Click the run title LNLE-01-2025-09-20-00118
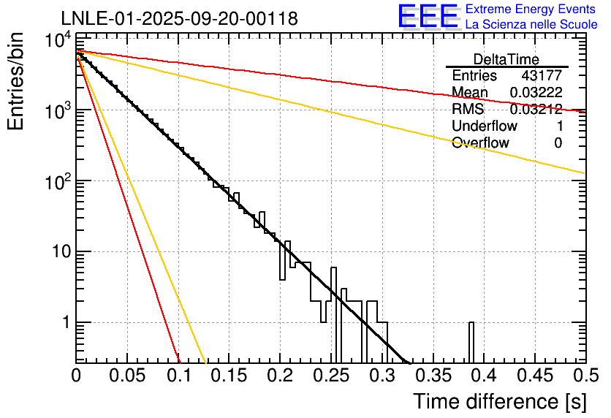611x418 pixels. click(x=179, y=18)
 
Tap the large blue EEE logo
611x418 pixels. click(x=427, y=16)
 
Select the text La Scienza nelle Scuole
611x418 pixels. click(x=531, y=25)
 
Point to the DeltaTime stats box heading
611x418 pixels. click(x=506, y=59)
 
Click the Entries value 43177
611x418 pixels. click(x=542, y=76)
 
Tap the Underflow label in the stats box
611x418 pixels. click(x=481, y=126)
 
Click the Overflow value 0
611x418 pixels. click(x=558, y=143)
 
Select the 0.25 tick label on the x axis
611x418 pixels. click(x=331, y=376)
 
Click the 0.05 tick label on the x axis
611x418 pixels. click(x=127, y=376)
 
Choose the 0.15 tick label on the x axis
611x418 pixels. click(x=229, y=376)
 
